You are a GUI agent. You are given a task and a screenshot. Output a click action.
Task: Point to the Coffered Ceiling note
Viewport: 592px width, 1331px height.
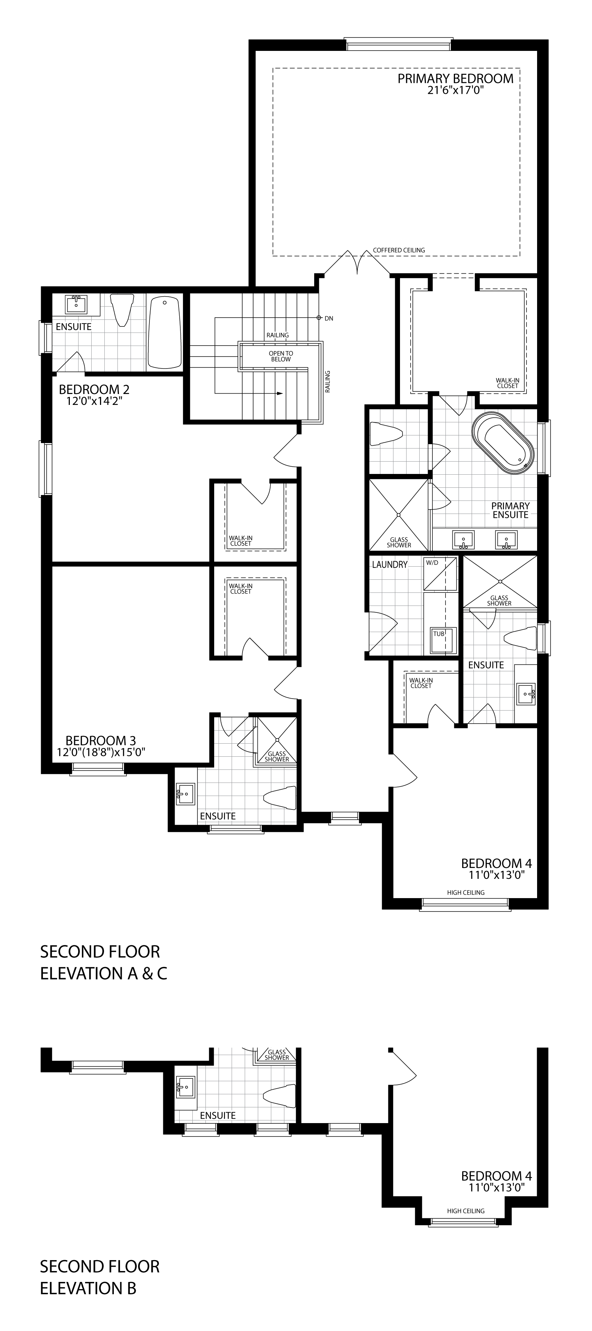pyautogui.click(x=399, y=250)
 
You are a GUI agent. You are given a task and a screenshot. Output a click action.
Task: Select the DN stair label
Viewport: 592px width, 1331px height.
pyautogui.click(x=329, y=318)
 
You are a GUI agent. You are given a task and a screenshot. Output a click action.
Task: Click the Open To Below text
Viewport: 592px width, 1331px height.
pyautogui.click(x=281, y=356)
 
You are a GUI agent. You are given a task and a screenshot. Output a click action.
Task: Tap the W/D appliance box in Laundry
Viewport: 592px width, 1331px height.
pyautogui.click(x=440, y=574)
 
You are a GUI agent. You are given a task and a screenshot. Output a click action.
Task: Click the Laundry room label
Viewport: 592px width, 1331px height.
pyautogui.click(x=390, y=565)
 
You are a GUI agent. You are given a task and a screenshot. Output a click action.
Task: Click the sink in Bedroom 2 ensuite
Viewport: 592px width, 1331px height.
pyautogui.click(x=76, y=304)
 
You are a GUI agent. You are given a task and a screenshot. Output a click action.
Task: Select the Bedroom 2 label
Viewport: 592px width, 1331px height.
pyautogui.click(x=94, y=389)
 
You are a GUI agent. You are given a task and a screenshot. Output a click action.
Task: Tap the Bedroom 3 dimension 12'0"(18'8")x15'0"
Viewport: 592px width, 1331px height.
pyautogui.click(x=101, y=752)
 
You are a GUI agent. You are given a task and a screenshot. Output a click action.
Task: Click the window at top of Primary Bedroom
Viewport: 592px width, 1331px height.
pyautogui.click(x=398, y=44)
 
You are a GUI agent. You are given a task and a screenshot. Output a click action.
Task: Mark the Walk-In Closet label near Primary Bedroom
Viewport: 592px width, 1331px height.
pyautogui.click(x=507, y=383)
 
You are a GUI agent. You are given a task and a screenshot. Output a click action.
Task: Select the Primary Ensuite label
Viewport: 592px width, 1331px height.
pyautogui.click(x=510, y=510)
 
